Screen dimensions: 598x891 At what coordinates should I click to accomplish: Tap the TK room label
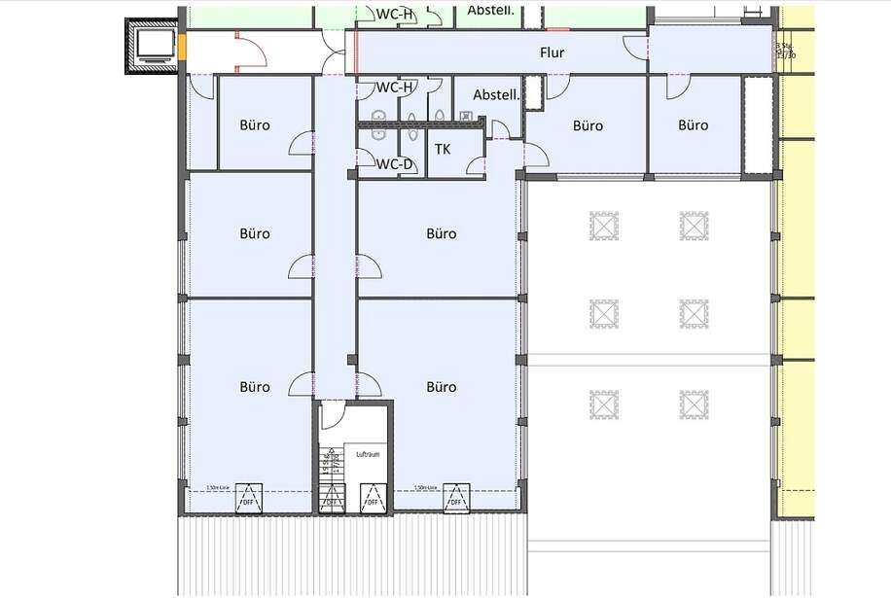click(443, 149)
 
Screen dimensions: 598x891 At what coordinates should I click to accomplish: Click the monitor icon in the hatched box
click(153, 46)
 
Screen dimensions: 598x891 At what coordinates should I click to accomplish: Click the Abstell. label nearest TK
click(496, 95)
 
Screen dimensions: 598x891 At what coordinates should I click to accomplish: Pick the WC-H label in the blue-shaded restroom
click(395, 88)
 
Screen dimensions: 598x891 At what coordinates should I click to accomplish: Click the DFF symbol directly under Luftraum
click(371, 497)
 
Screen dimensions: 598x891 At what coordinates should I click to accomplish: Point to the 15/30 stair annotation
click(785, 55)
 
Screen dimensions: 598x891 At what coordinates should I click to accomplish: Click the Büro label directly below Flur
click(588, 125)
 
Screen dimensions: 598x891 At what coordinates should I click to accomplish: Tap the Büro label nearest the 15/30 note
click(693, 125)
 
